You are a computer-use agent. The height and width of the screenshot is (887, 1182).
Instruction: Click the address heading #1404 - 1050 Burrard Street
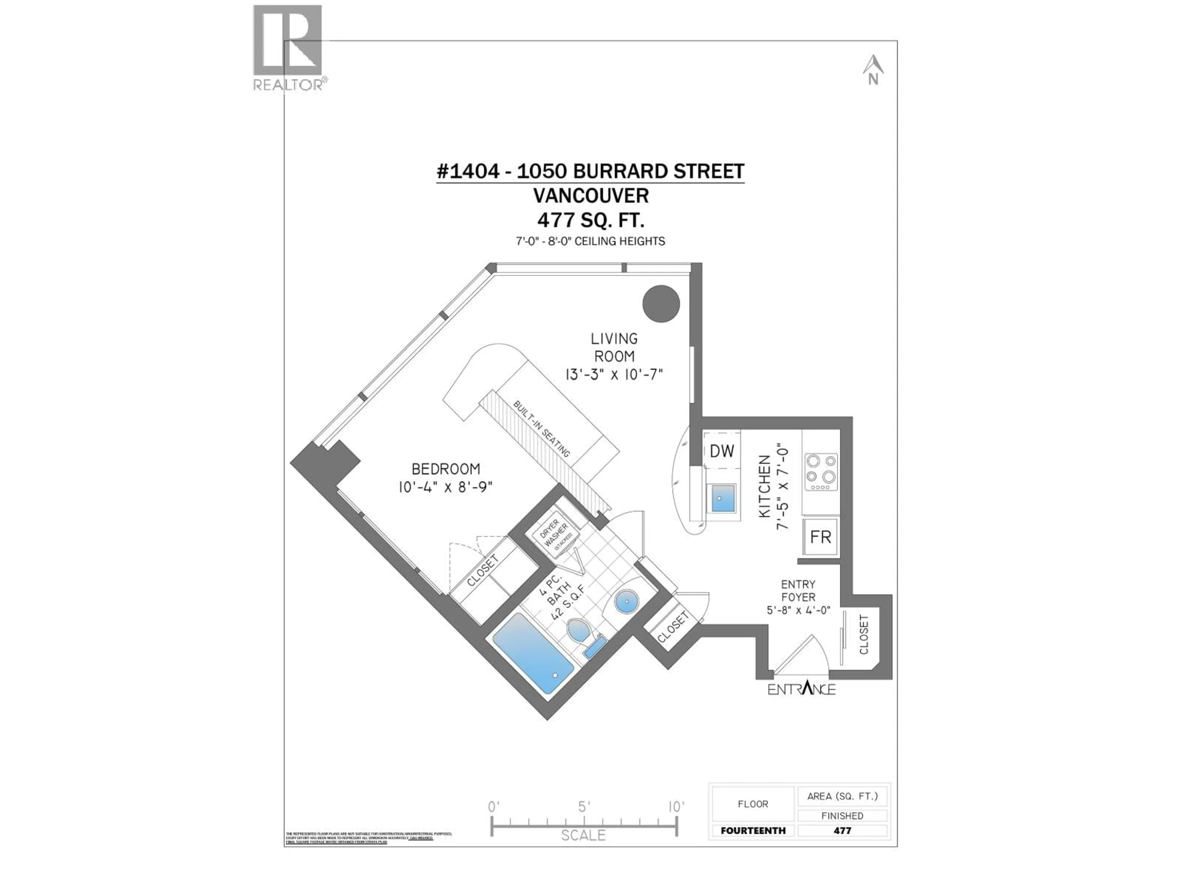pyautogui.click(x=590, y=172)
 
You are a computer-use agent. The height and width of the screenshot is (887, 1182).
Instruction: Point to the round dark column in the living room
pyautogui.click(x=661, y=304)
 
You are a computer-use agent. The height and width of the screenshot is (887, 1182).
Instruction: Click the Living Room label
pyautogui.click(x=614, y=347)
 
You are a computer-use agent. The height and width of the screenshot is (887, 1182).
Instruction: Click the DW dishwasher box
pyautogui.click(x=722, y=451)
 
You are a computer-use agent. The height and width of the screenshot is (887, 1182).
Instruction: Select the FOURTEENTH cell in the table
pyautogui.click(x=753, y=830)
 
